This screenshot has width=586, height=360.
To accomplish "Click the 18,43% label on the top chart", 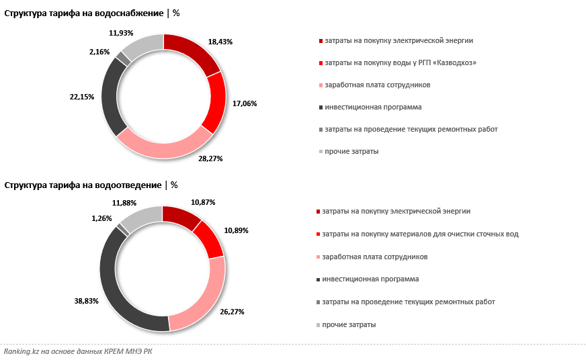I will point(220,42).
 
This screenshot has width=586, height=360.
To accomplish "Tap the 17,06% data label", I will point(245,103).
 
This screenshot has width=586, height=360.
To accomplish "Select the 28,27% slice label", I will point(210,159).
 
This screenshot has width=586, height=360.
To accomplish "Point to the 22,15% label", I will point(83,97).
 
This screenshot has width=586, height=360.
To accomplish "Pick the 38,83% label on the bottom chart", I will point(87,301).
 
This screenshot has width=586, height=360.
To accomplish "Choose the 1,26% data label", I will point(102,218).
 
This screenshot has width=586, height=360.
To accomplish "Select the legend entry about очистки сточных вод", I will point(420,234).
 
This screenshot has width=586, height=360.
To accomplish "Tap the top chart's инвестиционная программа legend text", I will point(373,107).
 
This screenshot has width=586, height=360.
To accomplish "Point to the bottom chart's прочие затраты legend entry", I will point(349,325).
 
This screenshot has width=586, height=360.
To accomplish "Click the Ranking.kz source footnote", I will point(78,351).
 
